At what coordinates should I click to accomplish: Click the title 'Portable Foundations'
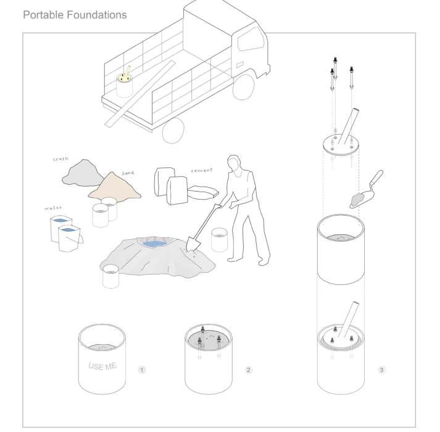[75, 15]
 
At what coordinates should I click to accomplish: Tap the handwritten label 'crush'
[60, 159]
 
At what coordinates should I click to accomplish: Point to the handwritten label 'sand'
[128, 173]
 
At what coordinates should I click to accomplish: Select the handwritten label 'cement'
[201, 171]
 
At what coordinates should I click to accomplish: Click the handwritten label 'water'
[53, 208]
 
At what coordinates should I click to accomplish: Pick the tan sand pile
[115, 187]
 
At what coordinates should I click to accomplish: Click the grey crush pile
[83, 174]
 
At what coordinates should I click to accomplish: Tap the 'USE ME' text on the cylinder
[102, 366]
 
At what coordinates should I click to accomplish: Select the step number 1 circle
[142, 370]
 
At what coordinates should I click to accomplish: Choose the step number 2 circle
[248, 370]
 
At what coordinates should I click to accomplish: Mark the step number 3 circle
[381, 370]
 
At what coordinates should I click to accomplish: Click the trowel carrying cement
[366, 190]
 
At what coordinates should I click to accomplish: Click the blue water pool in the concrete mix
[155, 244]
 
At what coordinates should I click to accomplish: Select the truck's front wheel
[244, 87]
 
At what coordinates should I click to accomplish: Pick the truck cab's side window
[251, 40]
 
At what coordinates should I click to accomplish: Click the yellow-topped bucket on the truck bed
[124, 83]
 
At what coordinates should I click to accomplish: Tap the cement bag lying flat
[203, 193]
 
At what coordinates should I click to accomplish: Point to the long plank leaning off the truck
[139, 93]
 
